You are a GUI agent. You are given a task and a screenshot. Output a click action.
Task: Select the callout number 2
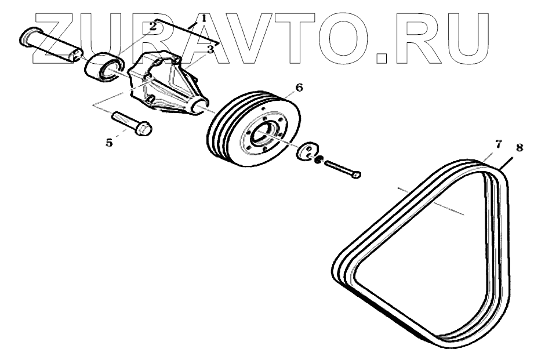click(154, 25)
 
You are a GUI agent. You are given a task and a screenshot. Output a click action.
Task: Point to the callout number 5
click(109, 142)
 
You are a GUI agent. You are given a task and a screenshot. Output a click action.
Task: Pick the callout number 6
click(299, 88)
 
